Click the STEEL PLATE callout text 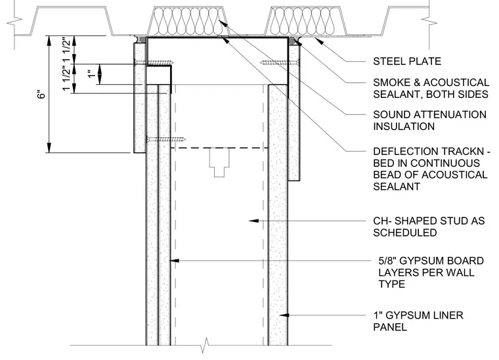[x=407, y=61]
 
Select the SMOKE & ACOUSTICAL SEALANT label [x=431, y=89]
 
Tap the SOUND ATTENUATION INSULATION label [x=429, y=120]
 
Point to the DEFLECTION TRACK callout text [x=431, y=169]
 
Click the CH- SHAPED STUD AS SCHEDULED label [x=429, y=227]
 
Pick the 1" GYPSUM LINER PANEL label [x=418, y=321]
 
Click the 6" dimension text [x=41, y=95]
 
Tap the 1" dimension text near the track [x=91, y=74]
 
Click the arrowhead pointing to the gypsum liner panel [x=284, y=315]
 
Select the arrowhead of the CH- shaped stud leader [x=253, y=220]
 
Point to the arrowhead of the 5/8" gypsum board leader [x=175, y=261]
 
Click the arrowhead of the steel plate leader [x=319, y=41]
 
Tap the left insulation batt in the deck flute [x=188, y=21]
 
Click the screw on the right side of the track [x=280, y=62]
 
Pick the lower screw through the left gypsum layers [x=166, y=139]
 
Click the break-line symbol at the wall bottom [x=206, y=346]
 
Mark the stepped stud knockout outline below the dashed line [x=219, y=163]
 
